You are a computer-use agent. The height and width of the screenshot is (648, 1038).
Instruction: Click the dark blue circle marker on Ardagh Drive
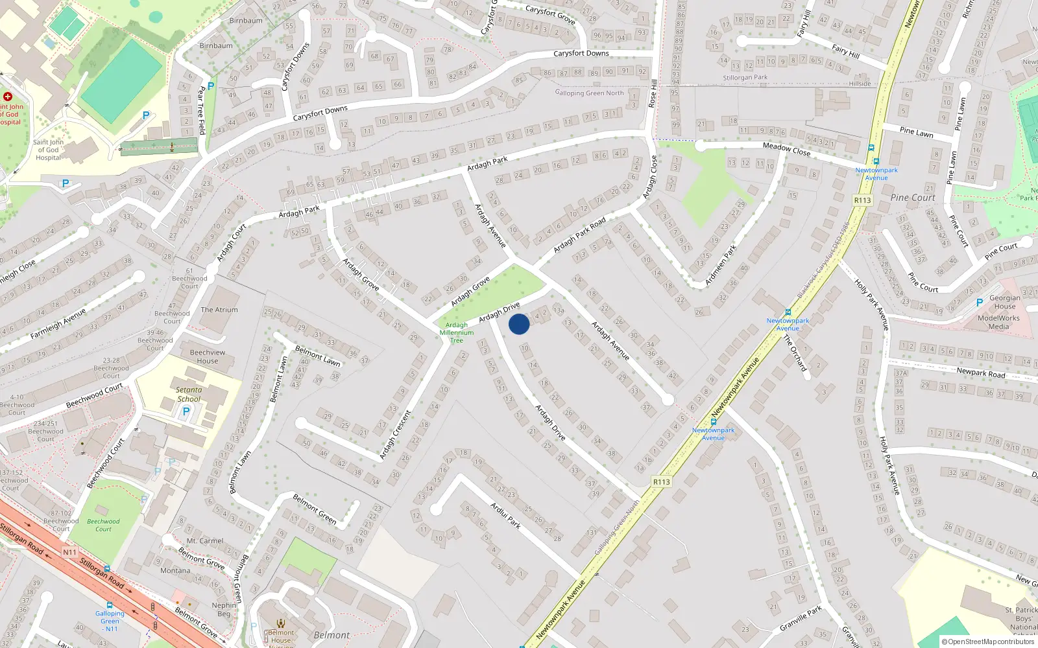519,324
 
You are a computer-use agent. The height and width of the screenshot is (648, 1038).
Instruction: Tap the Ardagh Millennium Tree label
457,332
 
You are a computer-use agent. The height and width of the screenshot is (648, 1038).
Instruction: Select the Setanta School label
189,394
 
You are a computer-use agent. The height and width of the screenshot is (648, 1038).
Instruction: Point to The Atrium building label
219,310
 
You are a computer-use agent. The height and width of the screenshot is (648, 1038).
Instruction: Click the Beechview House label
208,356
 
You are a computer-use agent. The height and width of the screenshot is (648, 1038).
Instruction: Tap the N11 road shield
69,552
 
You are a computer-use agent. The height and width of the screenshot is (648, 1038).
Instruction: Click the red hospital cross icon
8,97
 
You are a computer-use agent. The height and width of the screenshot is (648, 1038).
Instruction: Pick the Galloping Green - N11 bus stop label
110,621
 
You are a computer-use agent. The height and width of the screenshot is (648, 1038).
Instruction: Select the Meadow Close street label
786,149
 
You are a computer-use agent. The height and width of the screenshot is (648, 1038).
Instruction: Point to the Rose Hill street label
653,93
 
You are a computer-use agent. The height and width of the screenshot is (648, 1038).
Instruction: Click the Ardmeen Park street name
721,265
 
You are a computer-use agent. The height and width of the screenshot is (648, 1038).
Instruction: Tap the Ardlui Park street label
505,515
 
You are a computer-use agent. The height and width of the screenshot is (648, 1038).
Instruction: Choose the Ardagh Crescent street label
395,435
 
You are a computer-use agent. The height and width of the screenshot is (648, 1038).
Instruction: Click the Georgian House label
1004,302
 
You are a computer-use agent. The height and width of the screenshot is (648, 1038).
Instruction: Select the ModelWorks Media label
998,322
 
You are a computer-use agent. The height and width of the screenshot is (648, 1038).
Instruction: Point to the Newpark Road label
981,373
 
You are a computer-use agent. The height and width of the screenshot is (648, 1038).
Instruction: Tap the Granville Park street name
801,618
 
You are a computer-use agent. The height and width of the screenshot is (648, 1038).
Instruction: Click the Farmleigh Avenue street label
58,325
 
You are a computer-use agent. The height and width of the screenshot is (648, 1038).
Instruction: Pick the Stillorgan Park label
745,77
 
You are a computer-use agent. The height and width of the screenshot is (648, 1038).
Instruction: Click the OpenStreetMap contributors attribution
988,642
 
